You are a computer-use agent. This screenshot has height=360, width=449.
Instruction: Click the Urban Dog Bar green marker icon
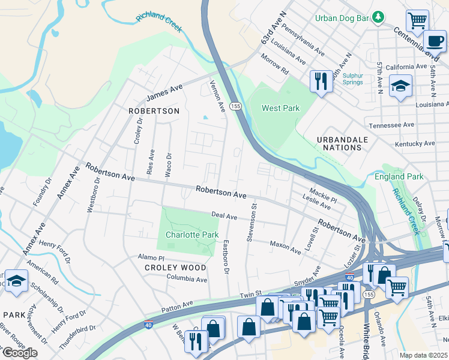click(x=378, y=17)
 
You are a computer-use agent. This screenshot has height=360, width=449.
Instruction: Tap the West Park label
click(x=280, y=108)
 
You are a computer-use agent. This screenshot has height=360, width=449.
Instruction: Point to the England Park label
click(x=399, y=176)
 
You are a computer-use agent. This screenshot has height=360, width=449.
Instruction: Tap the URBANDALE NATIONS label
click(x=342, y=143)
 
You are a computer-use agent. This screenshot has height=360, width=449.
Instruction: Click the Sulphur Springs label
click(x=352, y=79)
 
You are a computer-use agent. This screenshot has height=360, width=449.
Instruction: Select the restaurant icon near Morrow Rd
click(x=321, y=81)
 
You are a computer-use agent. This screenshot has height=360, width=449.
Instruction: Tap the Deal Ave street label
click(x=224, y=215)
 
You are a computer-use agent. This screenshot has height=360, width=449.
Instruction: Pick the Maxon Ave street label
click(x=285, y=247)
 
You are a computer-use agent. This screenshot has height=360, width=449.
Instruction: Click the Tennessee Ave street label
click(x=391, y=125)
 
